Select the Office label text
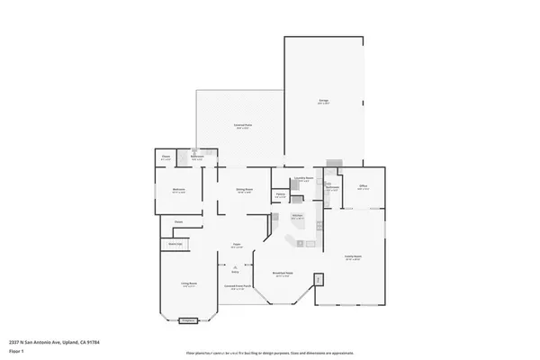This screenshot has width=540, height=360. pyautogui.click(x=364, y=187)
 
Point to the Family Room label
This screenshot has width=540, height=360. pyautogui.click(x=352, y=256)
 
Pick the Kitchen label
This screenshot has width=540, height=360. pyautogui.click(x=298, y=217)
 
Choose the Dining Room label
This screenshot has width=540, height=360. pyautogui.click(x=244, y=190)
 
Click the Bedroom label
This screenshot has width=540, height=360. pyautogui.click(x=177, y=191)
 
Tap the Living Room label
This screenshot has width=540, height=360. pyautogui.click(x=188, y=285)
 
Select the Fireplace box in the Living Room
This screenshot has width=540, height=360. pyautogui.click(x=188, y=319)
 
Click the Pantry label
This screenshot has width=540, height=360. pyautogui.click(x=281, y=195)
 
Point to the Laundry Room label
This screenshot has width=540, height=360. pyautogui.click(x=304, y=179)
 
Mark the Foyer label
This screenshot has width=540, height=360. pyautogui.click(x=236, y=246)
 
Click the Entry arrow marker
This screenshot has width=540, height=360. pyautogui.click(x=235, y=268)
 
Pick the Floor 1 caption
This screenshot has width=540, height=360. pyautogui.click(x=17, y=351)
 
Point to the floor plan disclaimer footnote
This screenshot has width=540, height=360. pyautogui.click(x=270, y=353)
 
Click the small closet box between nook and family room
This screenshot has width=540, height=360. pyautogui.click(x=319, y=280)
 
